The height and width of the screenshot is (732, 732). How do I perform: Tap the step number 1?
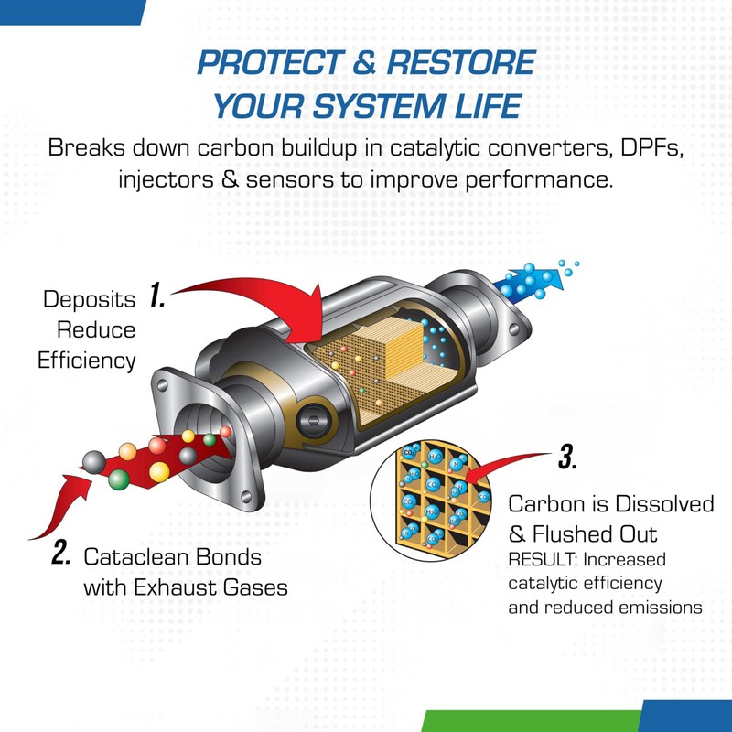(156, 296)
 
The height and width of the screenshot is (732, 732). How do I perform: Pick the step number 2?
(61, 554)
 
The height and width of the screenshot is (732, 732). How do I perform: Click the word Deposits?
(89, 299)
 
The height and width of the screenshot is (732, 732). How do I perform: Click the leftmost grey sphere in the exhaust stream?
(93, 458)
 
